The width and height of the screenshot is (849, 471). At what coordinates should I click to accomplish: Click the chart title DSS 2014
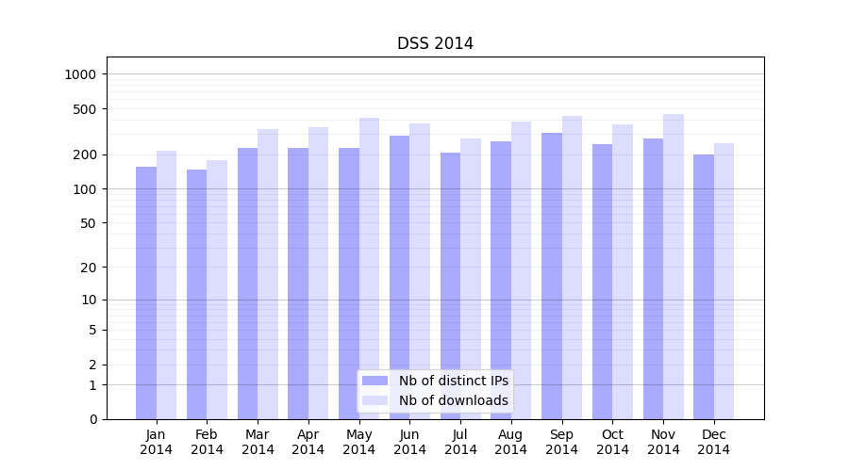click(x=435, y=43)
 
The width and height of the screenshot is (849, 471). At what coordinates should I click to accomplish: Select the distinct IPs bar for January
click(x=146, y=293)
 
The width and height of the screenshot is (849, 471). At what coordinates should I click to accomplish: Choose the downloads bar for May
click(x=369, y=268)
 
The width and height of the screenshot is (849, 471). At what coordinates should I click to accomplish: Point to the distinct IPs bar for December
click(x=704, y=286)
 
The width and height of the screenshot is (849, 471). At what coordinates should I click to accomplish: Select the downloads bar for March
click(x=268, y=274)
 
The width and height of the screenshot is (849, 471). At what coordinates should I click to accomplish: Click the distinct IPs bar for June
click(x=399, y=277)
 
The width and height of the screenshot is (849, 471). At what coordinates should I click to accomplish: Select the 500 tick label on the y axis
click(x=86, y=109)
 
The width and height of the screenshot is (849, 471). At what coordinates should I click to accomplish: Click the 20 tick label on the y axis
click(x=90, y=268)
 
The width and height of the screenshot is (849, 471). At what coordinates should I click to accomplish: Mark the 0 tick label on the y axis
click(x=92, y=419)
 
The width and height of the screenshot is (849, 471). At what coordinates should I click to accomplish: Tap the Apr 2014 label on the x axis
click(x=308, y=442)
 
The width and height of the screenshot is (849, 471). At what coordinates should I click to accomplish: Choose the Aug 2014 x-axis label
click(x=511, y=442)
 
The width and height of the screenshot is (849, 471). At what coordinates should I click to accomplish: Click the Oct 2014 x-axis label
click(x=612, y=442)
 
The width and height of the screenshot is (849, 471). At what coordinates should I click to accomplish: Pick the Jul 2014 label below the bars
click(x=460, y=442)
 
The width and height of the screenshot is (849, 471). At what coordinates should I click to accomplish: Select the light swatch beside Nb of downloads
click(x=375, y=400)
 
